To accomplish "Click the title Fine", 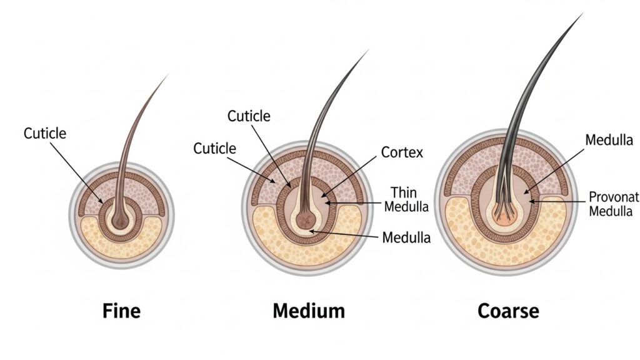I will [x=121, y=311].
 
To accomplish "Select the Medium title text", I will [x=308, y=311].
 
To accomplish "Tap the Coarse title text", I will [x=507, y=311].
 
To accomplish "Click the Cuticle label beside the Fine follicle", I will [x=45, y=133].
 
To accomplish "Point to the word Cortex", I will [x=402, y=152].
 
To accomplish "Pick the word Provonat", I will [x=614, y=197].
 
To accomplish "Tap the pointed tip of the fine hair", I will [x=167, y=76].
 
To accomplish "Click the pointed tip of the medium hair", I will [x=367, y=51].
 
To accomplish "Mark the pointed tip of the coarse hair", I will [x=582, y=13].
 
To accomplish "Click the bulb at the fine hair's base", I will [x=119, y=219].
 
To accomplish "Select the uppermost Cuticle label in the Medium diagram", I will [x=249, y=116].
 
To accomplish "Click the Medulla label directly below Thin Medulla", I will [x=406, y=237].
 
